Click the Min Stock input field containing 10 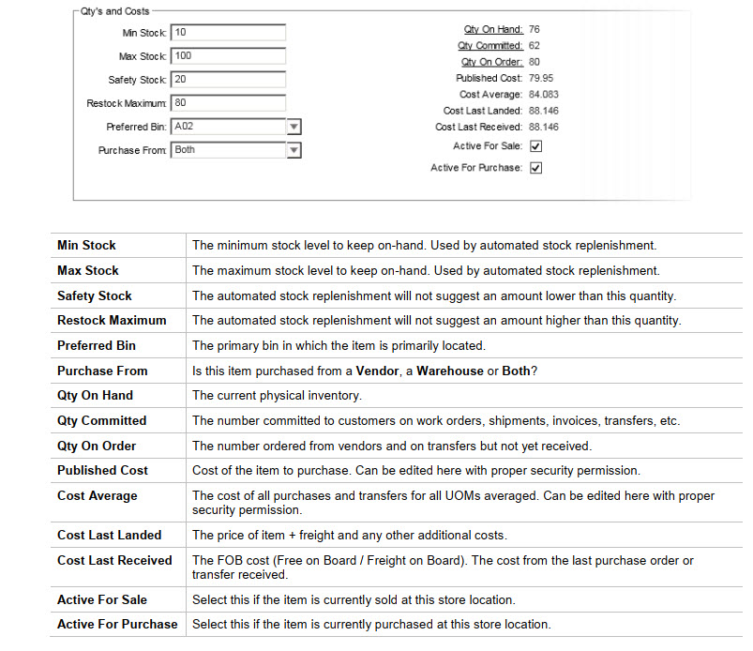tap(228, 33)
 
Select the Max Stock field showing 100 tap(228, 56)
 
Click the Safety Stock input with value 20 tap(228, 80)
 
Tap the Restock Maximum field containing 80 tap(228, 103)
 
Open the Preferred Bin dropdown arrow tap(294, 127)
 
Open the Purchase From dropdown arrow tap(294, 150)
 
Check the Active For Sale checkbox tap(535, 146)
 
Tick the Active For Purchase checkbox tap(535, 168)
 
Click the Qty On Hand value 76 tap(535, 30)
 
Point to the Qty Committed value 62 tap(535, 46)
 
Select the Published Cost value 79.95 tap(541, 79)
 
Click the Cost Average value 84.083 tap(544, 95)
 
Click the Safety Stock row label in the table tap(95, 295)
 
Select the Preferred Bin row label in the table tap(97, 345)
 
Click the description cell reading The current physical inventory tap(277, 396)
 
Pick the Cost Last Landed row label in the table tap(109, 535)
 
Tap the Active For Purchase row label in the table tap(117, 624)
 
